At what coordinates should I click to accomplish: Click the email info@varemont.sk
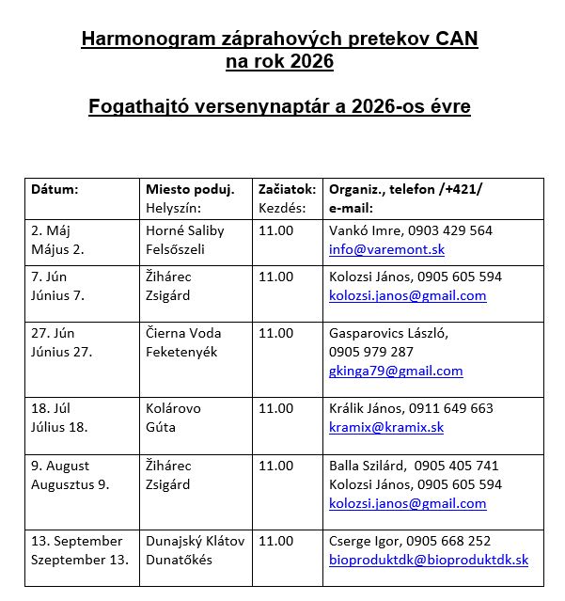coord(386,249)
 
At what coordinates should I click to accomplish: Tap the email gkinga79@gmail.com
coord(396,371)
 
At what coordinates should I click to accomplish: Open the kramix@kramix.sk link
coord(385,427)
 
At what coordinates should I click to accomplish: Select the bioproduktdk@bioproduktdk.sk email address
coord(428,560)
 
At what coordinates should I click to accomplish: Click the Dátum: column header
coord(55,188)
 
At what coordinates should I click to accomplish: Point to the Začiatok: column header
coord(287,188)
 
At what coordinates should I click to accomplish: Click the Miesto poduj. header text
coord(190,188)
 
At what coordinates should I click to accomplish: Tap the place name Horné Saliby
coord(184,230)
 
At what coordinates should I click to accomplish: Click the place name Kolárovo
coord(173,408)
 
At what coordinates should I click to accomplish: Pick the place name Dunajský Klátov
coord(195,541)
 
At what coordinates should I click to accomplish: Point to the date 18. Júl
coord(51,408)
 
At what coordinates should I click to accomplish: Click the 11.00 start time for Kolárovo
coord(275,408)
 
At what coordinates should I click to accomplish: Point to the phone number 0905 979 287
coord(371,352)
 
